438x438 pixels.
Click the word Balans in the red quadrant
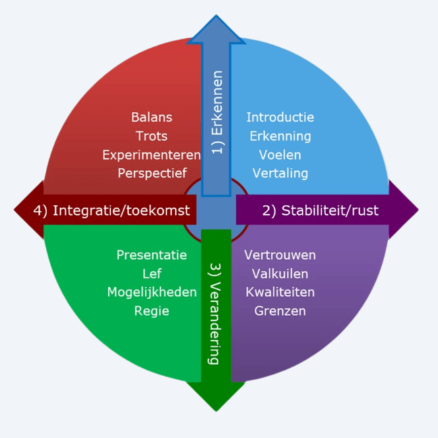(x=152, y=117)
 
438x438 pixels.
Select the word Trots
(x=152, y=136)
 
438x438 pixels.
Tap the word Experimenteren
(x=152, y=155)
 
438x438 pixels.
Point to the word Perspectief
(x=152, y=173)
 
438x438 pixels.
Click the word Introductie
(x=280, y=117)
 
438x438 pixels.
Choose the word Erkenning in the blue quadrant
(x=280, y=137)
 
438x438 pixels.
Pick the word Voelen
(x=280, y=155)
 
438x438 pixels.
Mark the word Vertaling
(x=280, y=173)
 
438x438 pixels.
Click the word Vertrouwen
(x=280, y=255)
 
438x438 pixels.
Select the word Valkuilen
(x=280, y=274)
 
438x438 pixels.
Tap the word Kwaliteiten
(x=280, y=292)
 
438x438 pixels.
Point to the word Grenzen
(x=280, y=311)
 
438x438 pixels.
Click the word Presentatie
(x=152, y=255)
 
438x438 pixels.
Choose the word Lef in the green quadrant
(x=152, y=274)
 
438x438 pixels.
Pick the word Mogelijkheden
(x=152, y=292)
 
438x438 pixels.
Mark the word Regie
(x=152, y=311)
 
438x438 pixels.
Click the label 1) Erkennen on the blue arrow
(x=218, y=113)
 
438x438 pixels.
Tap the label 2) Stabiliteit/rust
(x=320, y=210)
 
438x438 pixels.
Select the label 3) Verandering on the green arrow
(x=215, y=314)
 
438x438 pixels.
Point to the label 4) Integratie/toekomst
(x=112, y=210)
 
